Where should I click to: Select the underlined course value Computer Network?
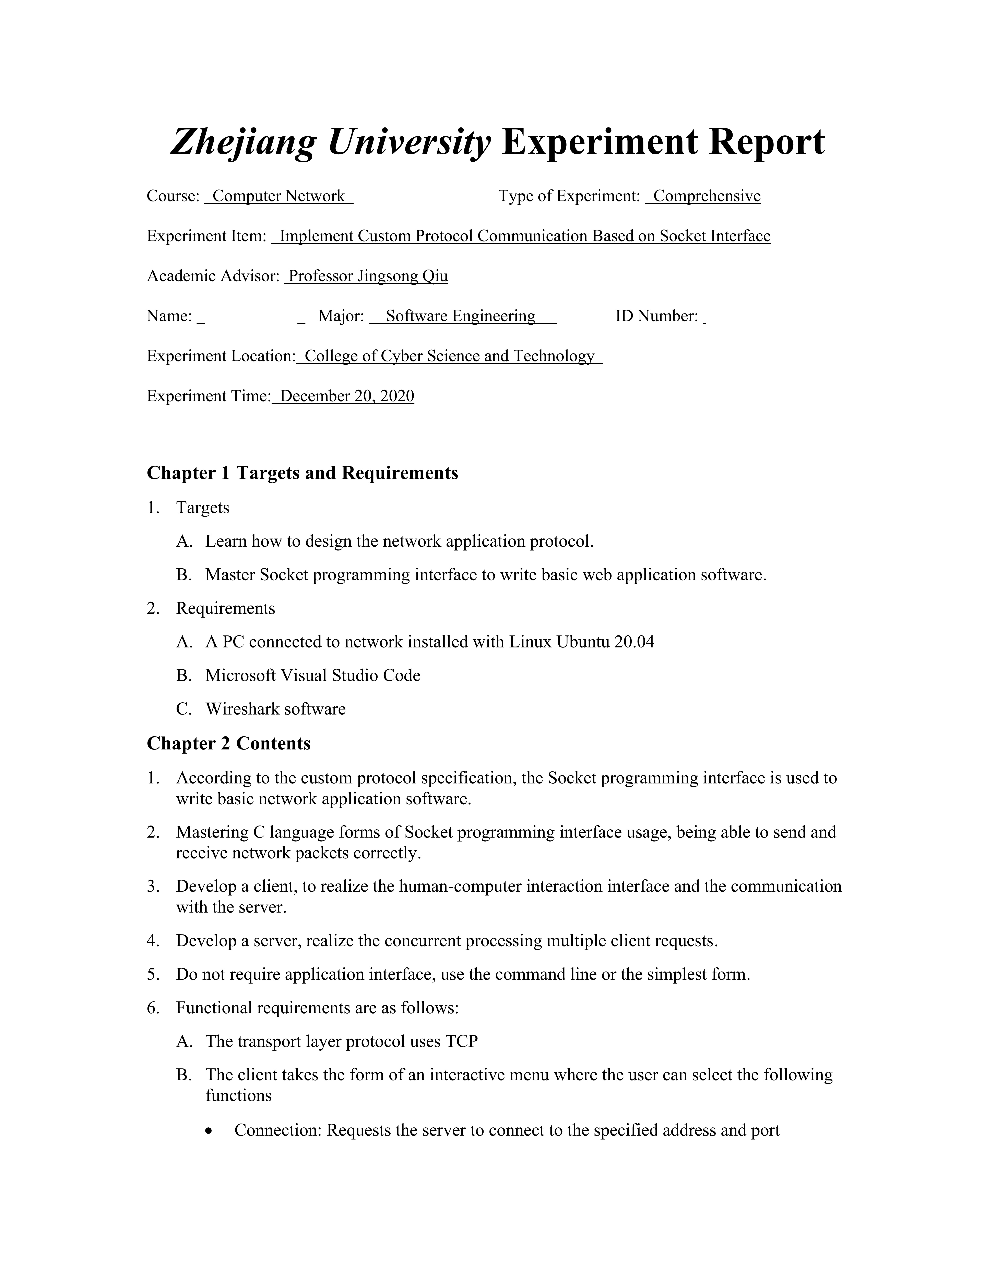click(x=278, y=196)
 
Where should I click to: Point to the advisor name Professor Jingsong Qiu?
click(x=368, y=277)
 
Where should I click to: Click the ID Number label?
click(x=656, y=317)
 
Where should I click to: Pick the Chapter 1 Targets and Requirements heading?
click(x=302, y=473)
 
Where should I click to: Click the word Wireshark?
click(x=243, y=709)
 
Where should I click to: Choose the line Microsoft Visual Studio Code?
click(x=313, y=675)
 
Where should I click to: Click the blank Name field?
click(x=251, y=317)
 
